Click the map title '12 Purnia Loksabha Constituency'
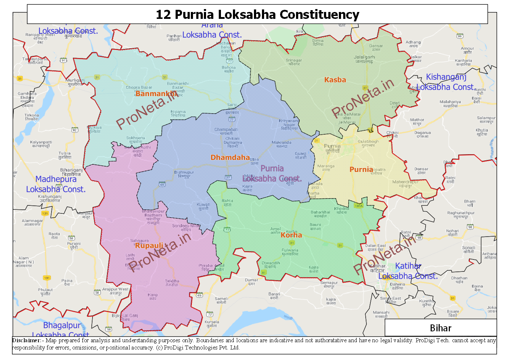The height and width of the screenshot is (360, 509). coord(257,15)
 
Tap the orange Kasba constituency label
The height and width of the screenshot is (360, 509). coord(335,80)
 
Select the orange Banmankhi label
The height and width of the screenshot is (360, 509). coord(156,94)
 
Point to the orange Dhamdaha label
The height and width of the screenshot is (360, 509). coord(230,157)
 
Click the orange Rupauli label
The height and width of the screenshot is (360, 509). coord(149,246)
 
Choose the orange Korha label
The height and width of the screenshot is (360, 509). coord(291,235)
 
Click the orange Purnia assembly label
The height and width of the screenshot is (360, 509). coord(361,169)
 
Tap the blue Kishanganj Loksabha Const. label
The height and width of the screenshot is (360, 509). coord(446,82)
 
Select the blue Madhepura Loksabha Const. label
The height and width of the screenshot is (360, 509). coord(56,184)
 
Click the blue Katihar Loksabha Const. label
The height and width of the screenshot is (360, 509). coord(408,271)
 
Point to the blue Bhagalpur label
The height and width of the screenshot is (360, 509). coord(62,326)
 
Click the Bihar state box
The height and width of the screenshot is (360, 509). coord(440,328)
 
